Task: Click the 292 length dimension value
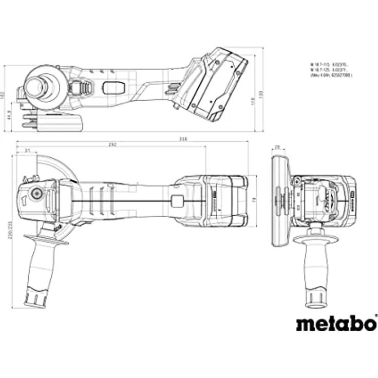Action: (112, 144)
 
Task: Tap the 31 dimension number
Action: (27, 150)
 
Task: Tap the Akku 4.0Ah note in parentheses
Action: (331, 75)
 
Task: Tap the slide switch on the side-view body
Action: (113, 88)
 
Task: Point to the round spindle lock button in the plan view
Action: (36, 194)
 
